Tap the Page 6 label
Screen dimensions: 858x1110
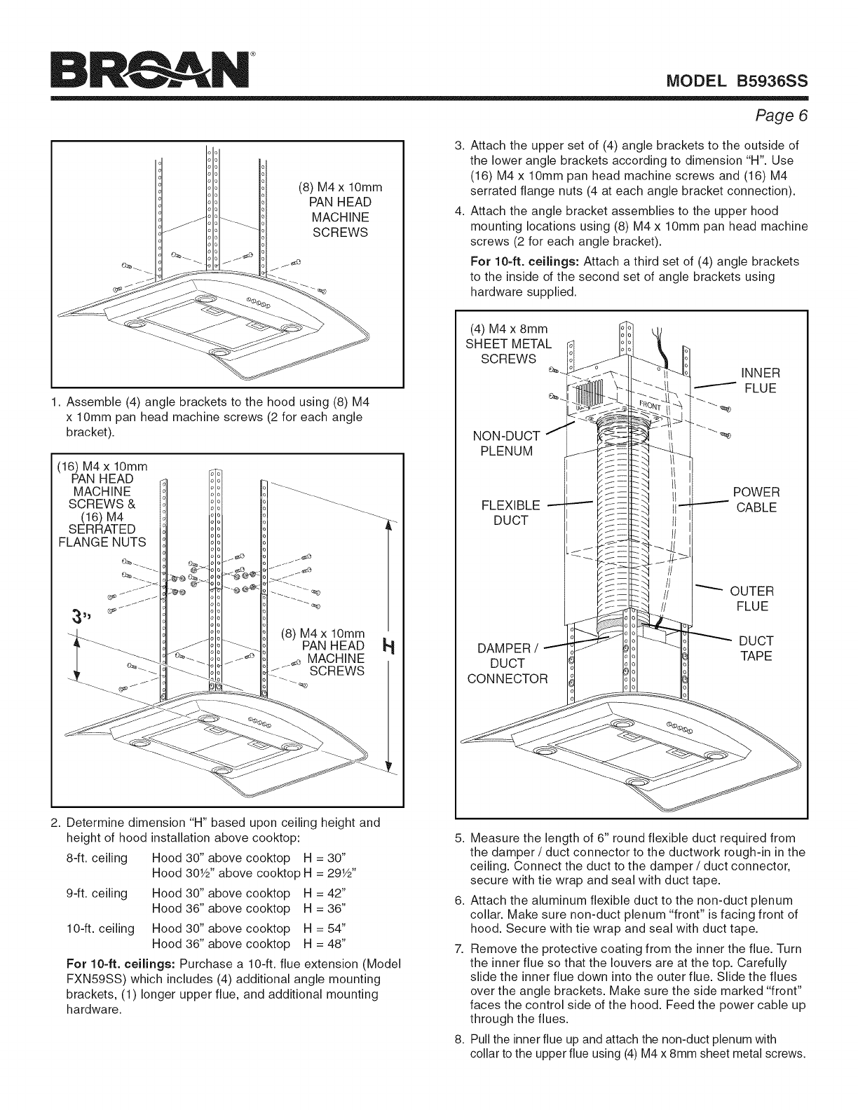click(x=782, y=116)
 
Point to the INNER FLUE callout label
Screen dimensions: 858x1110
click(x=761, y=381)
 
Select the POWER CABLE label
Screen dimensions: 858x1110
click(x=756, y=500)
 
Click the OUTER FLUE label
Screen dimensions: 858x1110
click(x=751, y=598)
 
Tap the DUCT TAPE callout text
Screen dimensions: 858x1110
click(x=756, y=648)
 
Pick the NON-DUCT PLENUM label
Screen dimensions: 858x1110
click(x=506, y=444)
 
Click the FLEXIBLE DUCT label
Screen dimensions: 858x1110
click(x=510, y=513)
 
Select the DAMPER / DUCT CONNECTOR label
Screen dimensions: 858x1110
click(x=508, y=664)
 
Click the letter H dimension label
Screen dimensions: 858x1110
click(x=389, y=647)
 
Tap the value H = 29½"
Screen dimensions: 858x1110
click(x=329, y=873)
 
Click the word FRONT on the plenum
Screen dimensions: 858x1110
click(x=650, y=406)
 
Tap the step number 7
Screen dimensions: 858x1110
click(x=458, y=949)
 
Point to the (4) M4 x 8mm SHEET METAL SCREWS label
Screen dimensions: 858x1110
click(x=508, y=344)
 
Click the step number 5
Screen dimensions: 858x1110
click(x=458, y=838)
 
